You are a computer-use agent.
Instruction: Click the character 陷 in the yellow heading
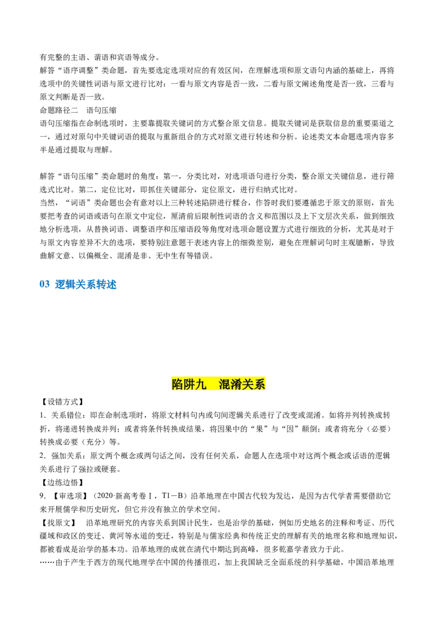click(177, 384)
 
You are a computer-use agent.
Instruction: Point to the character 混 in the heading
click(225, 384)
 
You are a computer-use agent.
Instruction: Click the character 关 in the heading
click(248, 384)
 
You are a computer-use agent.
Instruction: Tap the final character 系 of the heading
click(259, 384)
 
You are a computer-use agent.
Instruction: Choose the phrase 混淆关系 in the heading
click(242, 384)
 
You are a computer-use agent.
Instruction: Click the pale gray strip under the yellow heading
click(218, 393)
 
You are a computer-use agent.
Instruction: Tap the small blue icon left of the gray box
click(44, 284)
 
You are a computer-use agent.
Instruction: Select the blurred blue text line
click(85, 284)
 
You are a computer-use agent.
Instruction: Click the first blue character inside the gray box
click(58, 284)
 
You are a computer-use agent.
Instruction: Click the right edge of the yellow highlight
click(265, 384)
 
